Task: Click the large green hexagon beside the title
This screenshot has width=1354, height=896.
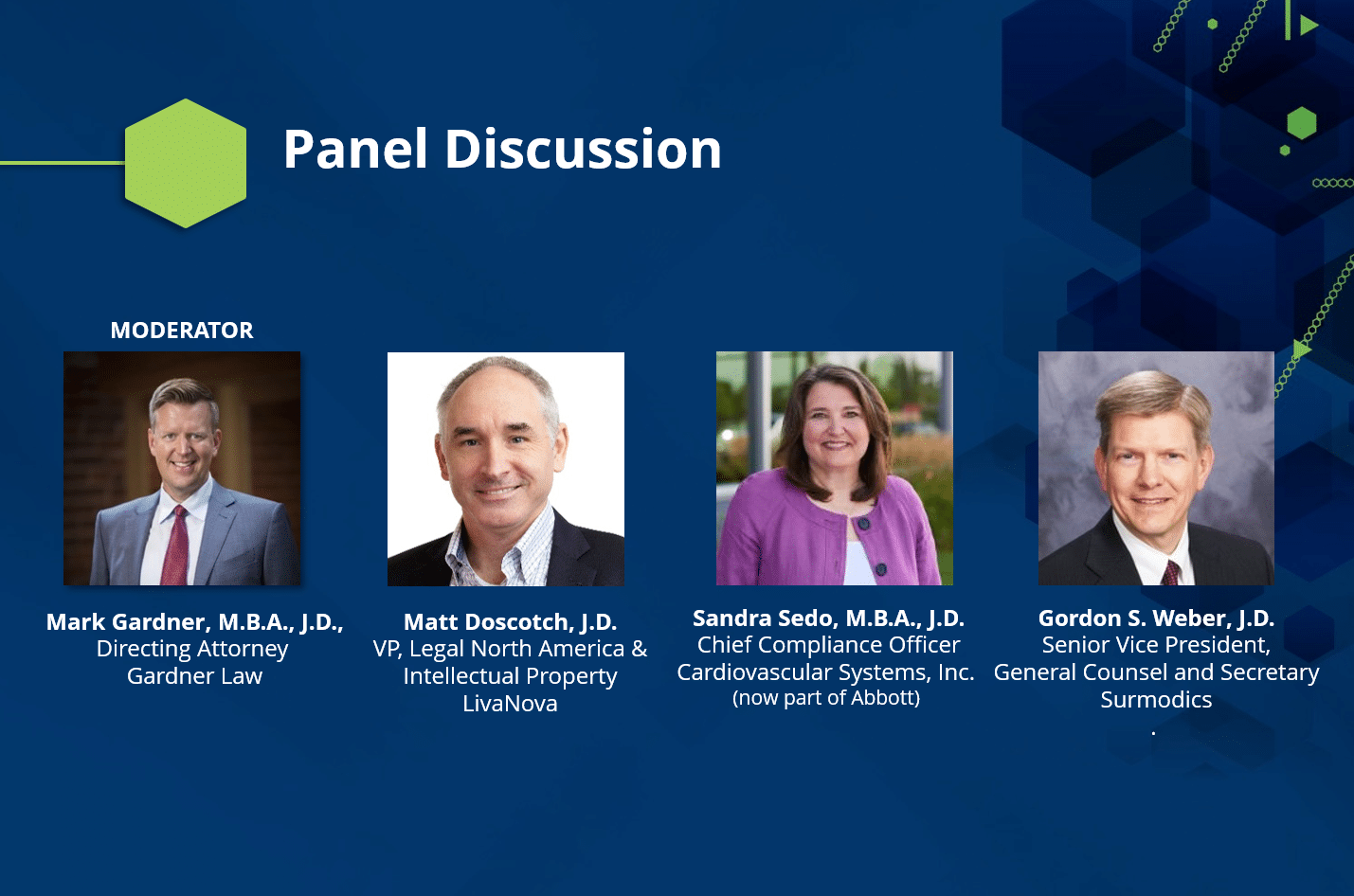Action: (186, 163)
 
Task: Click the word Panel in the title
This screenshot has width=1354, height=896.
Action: (355, 149)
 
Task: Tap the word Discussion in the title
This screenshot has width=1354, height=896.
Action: (583, 149)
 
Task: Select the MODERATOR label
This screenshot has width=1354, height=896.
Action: (182, 330)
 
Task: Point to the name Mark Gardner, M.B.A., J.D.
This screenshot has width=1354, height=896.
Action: (194, 621)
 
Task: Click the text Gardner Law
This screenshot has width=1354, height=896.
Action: (194, 675)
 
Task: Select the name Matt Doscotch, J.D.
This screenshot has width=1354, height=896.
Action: (510, 621)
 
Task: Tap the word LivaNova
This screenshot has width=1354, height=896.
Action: (510, 703)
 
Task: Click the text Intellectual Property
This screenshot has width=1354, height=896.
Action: (510, 676)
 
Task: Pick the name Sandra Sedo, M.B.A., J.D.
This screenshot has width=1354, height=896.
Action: (828, 618)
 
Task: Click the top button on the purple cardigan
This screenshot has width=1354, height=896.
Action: (864, 523)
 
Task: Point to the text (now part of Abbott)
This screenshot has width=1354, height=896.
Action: (826, 698)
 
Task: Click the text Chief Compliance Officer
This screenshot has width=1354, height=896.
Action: (828, 645)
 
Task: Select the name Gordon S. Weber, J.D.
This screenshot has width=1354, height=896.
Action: (1156, 618)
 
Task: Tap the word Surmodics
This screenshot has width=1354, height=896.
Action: (1156, 699)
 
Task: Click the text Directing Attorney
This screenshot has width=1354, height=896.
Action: (192, 649)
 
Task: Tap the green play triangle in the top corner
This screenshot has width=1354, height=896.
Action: (1309, 25)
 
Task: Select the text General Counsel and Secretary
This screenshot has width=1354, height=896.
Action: (1156, 672)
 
